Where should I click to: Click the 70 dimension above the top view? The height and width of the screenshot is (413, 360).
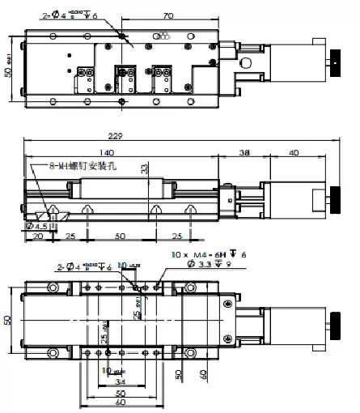(168, 15)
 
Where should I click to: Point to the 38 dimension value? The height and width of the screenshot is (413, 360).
(245, 152)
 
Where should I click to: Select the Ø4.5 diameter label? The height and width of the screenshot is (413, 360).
(35, 227)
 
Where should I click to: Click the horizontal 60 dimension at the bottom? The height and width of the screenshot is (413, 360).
(121, 402)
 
